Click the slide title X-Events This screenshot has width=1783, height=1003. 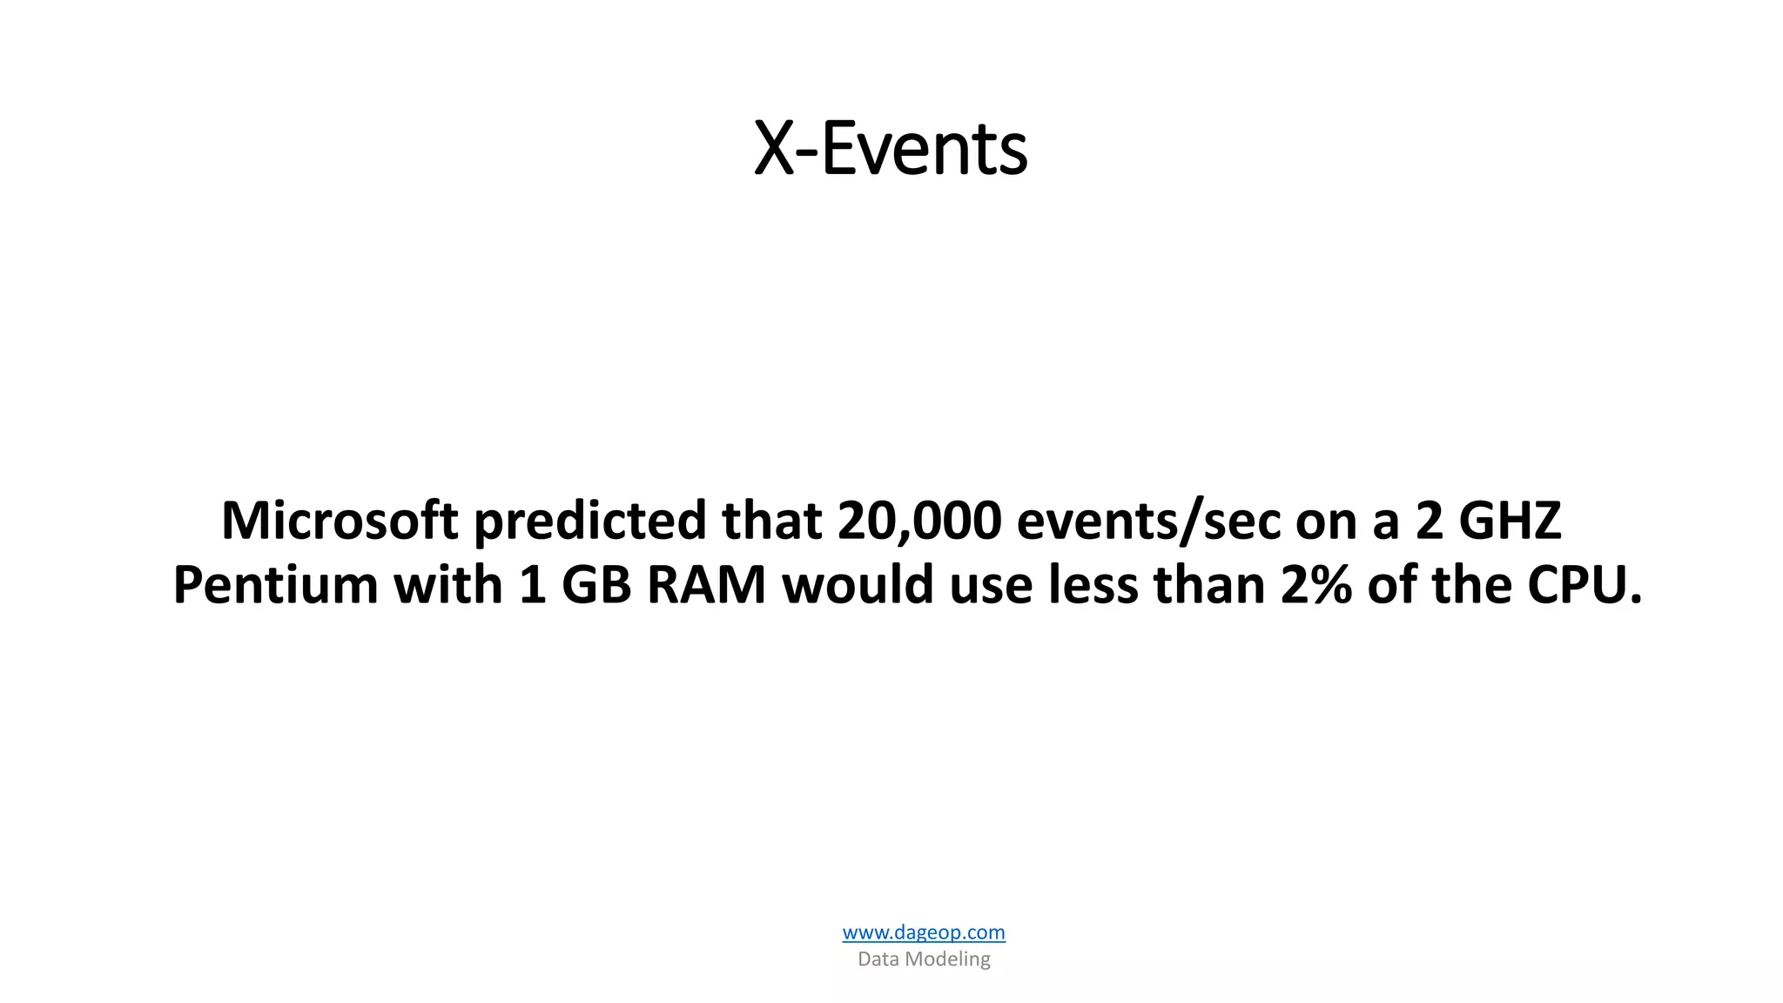890,149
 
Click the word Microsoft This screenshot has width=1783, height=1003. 340,521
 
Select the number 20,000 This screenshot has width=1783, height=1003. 919,521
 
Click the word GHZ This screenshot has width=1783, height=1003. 1510,521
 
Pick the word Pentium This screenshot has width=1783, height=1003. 275,585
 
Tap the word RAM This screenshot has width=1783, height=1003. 706,585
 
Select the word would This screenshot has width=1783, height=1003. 858,585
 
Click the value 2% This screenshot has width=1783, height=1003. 1315,585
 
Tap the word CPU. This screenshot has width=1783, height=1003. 1584,585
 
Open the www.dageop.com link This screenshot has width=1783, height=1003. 924,932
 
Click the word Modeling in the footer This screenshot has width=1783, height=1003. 948,959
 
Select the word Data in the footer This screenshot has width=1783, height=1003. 878,959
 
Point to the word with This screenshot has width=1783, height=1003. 447,585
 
